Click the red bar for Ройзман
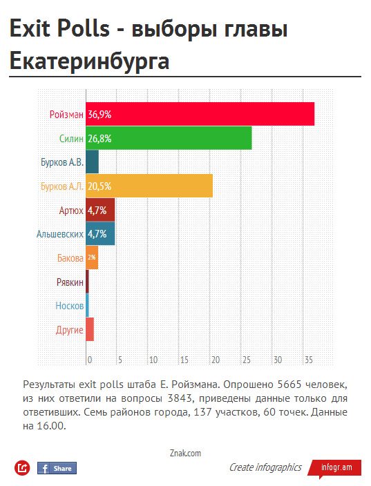point(200,114)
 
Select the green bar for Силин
point(169,138)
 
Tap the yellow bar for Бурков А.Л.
point(149,186)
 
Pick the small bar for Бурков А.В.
point(92,162)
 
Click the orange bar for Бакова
point(92,257)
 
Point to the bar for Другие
point(90,329)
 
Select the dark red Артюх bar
point(100,210)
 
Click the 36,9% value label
point(99,115)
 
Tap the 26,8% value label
point(99,138)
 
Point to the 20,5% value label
point(99,186)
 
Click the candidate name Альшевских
point(60,234)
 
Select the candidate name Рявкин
point(70,282)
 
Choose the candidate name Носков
point(70,306)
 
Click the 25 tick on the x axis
point(247,360)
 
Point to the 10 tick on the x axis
point(153,360)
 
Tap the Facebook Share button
point(57,468)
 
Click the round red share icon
point(22,468)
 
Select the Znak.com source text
point(185,453)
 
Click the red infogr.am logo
point(335,468)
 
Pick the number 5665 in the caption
point(289,385)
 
